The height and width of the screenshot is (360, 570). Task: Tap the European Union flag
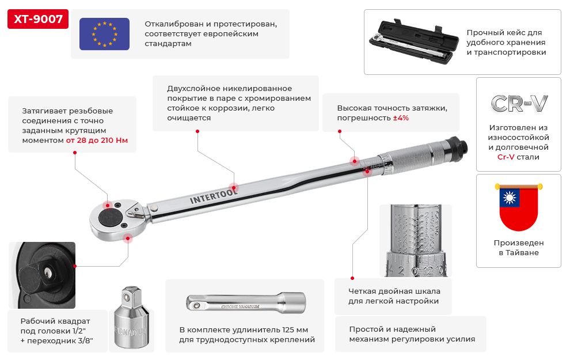[104, 33]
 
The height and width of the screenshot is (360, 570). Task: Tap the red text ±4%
[401, 118]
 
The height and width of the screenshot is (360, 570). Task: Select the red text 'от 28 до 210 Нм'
[97, 140]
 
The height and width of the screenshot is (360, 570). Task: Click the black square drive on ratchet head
[110, 217]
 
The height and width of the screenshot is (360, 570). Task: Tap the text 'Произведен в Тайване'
[518, 248]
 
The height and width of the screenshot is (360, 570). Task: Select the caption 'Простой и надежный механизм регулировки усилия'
[412, 334]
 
